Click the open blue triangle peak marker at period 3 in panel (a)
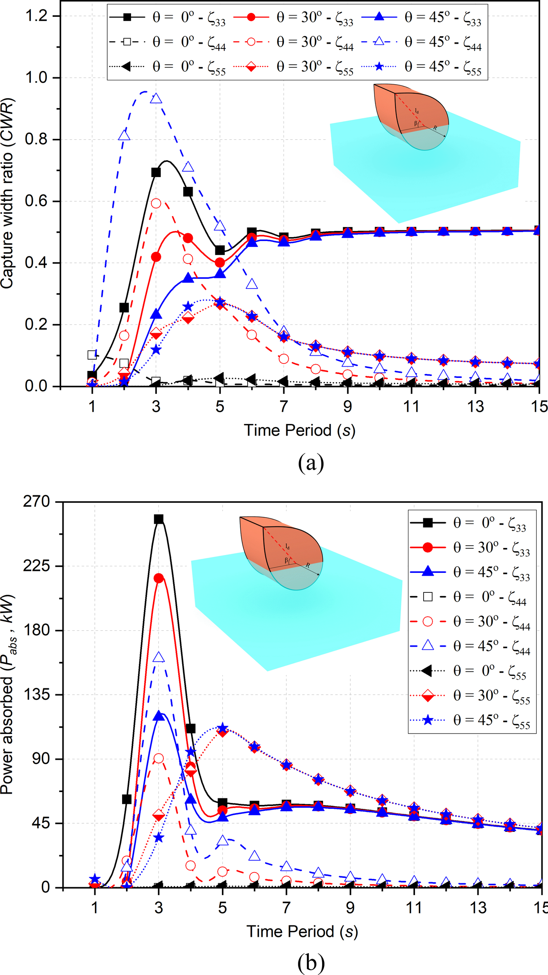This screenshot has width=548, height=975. pos(156,98)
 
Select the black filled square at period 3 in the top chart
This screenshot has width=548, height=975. pos(156,172)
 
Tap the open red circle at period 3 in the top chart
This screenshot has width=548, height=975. pos(156,203)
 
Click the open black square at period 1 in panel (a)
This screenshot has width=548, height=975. pos(92,355)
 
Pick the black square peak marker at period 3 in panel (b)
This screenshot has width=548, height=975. pos(158,519)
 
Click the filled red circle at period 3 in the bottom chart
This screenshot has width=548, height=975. pos(158,578)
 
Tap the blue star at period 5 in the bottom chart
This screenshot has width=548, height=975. pos(222,728)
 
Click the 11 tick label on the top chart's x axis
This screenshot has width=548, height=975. pos(411,407)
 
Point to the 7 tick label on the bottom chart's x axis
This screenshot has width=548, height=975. pos(286,908)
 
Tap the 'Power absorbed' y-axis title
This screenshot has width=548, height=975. pos(8,694)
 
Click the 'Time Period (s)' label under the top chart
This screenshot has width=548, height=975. pos(300,430)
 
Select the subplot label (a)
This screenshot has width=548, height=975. pos(311,463)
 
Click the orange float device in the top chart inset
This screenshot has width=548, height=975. pos(410,109)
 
